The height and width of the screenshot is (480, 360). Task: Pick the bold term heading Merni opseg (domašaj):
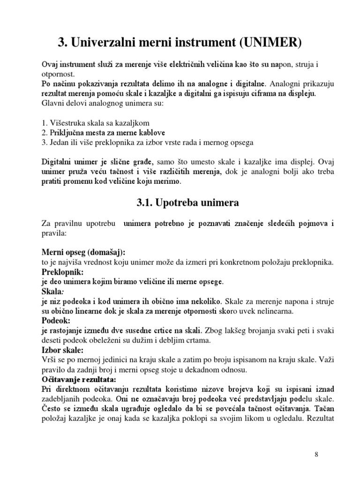tap(84, 253)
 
